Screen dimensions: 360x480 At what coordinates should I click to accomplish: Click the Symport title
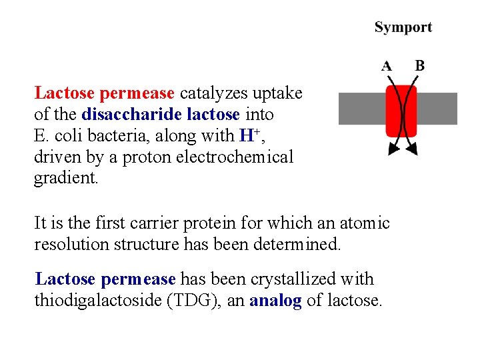[403, 27]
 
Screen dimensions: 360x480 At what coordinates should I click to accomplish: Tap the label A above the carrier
[386, 66]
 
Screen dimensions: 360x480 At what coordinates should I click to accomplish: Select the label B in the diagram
[419, 65]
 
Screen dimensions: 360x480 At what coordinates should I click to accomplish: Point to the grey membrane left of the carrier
[359, 109]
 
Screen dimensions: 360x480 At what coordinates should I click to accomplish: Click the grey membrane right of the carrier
[437, 109]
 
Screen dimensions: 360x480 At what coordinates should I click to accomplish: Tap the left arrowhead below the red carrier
[391, 149]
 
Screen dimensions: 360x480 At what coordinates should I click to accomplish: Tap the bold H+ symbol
[247, 135]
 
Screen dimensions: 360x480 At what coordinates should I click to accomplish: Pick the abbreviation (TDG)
[200, 300]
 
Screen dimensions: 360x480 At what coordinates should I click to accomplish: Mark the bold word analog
[275, 301]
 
